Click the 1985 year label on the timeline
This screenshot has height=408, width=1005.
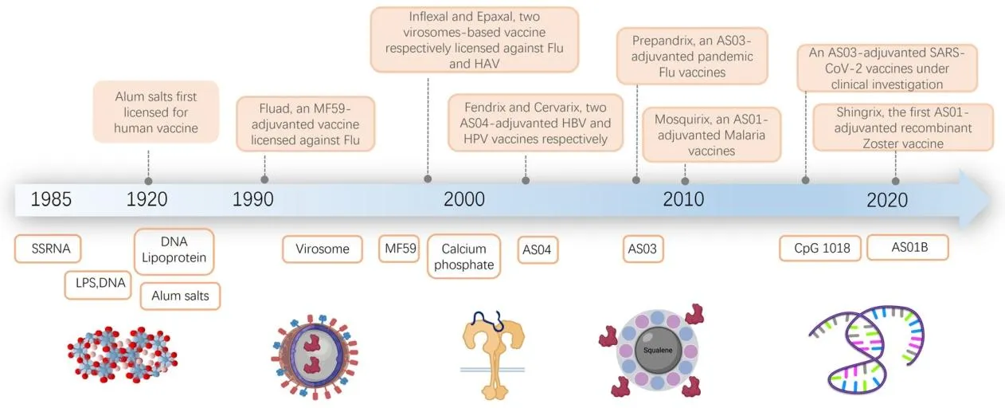[x=51, y=199]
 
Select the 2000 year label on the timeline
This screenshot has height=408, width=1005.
[x=464, y=199]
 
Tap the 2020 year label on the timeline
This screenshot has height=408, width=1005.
[x=887, y=200]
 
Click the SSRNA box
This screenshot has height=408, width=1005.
[x=48, y=249]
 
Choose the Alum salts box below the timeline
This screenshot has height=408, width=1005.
[x=180, y=296]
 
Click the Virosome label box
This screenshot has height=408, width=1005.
[x=323, y=249]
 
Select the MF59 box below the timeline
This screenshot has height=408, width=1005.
[x=399, y=248]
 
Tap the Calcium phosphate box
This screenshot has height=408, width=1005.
[x=464, y=257]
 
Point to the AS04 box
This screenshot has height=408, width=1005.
[x=538, y=249]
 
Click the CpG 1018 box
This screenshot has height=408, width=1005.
[x=820, y=248]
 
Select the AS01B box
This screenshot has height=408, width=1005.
[x=908, y=247]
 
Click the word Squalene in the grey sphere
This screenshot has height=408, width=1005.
[x=658, y=350]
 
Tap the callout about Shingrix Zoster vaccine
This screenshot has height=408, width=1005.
[x=903, y=127]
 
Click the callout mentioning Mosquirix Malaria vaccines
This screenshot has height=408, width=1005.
[x=712, y=135]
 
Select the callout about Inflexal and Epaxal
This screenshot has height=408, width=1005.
[x=475, y=40]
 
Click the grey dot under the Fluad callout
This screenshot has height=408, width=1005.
[x=264, y=179]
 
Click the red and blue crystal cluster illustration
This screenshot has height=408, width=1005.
[x=123, y=355]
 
